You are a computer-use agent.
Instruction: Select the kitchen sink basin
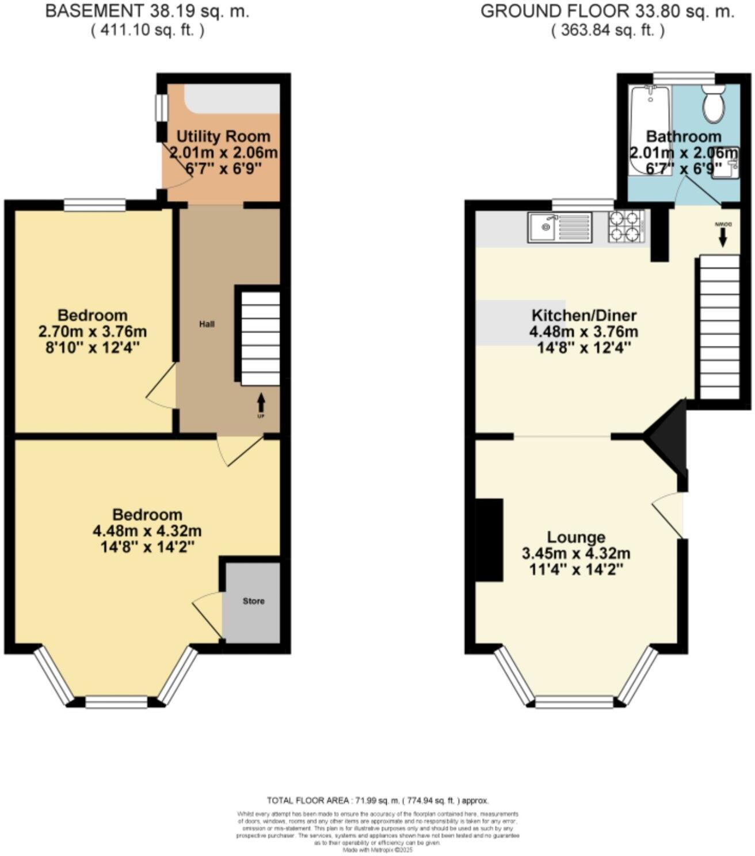point(542,227)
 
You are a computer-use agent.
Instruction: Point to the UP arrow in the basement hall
point(261,402)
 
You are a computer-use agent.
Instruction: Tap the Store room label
point(253,601)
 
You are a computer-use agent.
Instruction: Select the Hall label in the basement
point(207,324)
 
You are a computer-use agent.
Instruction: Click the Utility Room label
point(223,137)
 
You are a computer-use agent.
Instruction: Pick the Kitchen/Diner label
point(584,316)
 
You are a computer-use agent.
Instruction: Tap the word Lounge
point(575,537)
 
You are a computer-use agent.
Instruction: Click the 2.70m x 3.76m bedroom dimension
point(92,332)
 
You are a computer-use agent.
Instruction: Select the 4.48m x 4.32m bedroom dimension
point(147,531)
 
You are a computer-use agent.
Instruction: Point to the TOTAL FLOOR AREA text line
point(377,800)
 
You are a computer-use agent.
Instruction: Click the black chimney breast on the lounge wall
point(489,540)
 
